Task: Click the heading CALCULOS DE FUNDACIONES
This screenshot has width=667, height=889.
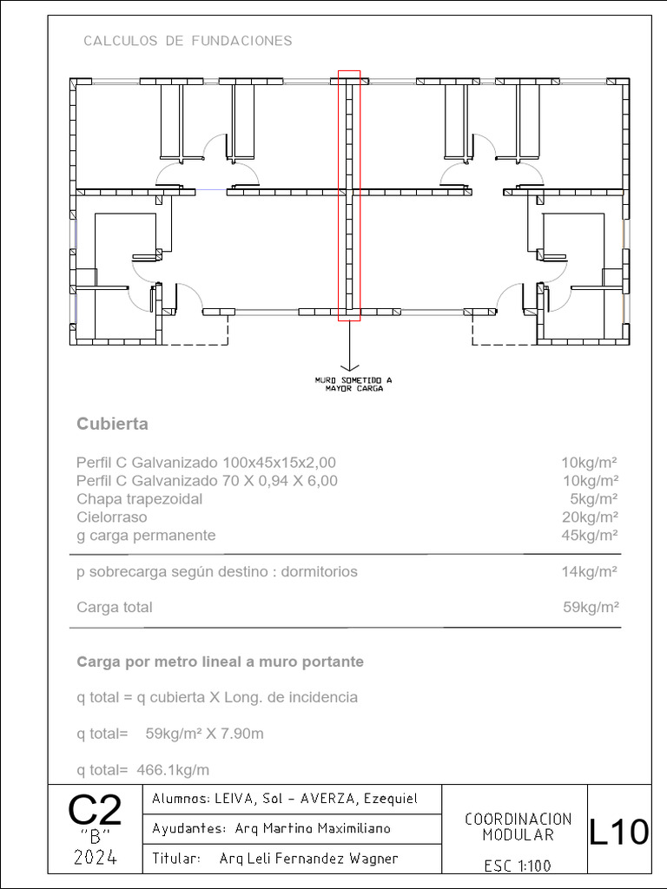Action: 188,41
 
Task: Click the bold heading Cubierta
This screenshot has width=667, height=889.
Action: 112,425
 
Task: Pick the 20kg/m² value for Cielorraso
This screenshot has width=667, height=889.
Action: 590,517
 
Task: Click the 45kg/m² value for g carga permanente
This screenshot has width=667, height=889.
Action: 590,536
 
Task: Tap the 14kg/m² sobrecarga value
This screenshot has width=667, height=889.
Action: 590,572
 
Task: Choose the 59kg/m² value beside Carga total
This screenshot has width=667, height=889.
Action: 590,608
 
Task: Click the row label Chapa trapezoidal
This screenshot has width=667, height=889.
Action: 139,499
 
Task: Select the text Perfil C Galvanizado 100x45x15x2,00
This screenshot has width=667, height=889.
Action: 206,463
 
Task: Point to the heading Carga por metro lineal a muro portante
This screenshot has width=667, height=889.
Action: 220,662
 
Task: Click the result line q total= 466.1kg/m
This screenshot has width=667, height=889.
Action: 142,770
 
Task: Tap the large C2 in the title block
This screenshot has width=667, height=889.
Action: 95,812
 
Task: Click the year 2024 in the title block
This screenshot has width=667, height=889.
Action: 95,859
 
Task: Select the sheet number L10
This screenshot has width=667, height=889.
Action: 618,833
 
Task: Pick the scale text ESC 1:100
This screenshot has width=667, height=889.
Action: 518,866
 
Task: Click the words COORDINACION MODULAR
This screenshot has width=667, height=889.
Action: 518,826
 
